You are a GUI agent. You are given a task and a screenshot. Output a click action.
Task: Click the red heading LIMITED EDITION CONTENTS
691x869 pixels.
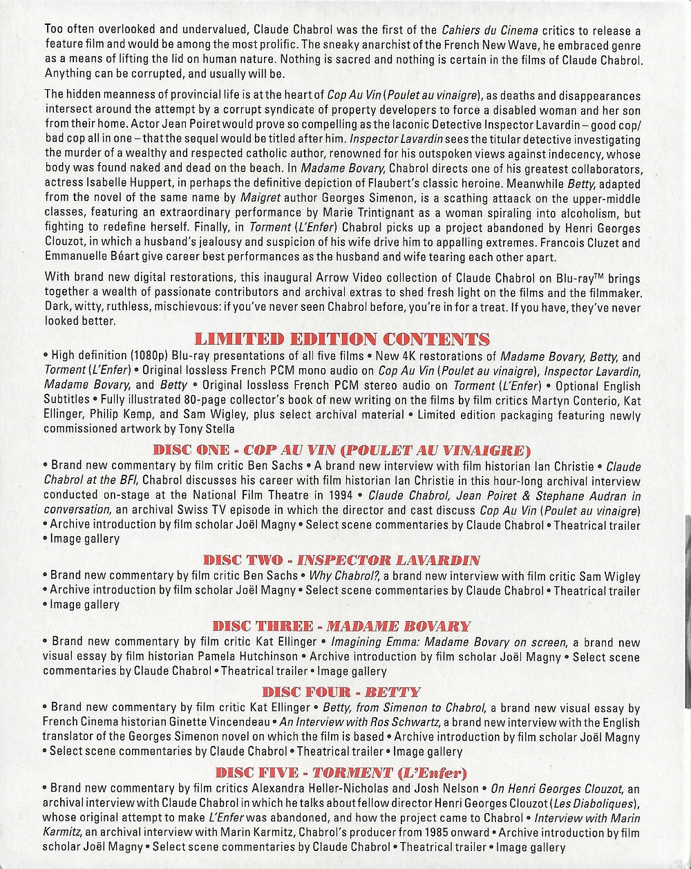(343, 339)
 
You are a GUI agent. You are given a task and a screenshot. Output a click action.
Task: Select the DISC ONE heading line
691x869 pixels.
(341, 450)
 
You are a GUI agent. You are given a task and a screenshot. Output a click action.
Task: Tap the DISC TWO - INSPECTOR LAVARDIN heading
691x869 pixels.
(341, 560)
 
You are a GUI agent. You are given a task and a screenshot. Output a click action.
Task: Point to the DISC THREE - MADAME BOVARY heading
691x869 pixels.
(341, 626)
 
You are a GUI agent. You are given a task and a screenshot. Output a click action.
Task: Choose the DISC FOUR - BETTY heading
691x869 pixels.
(341, 691)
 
